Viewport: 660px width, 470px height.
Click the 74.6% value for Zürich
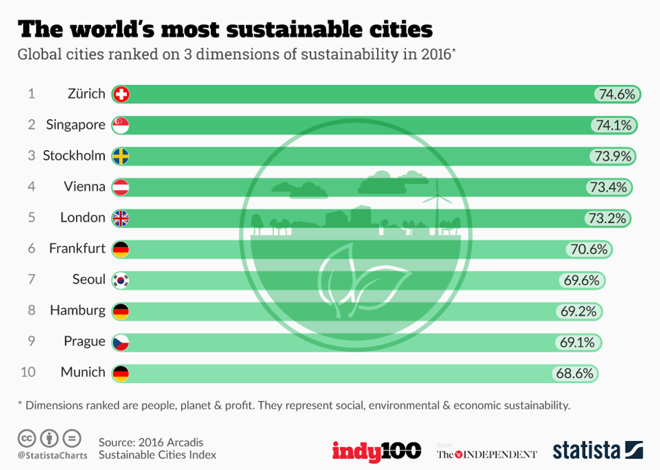click(616, 94)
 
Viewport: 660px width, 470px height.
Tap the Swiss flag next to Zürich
click(121, 94)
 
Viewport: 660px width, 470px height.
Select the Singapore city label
click(75, 125)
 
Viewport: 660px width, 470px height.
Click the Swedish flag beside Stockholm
click(121, 156)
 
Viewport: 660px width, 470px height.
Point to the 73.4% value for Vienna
click(608, 187)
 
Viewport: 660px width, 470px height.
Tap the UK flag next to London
click(121, 218)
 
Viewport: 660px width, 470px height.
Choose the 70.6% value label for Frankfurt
click(589, 249)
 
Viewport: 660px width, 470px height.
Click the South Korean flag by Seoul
click(121, 280)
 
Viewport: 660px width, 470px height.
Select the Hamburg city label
click(77, 310)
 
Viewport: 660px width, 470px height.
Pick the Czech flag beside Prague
click(121, 342)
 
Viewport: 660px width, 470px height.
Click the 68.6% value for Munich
click(574, 372)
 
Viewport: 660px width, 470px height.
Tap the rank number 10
click(28, 372)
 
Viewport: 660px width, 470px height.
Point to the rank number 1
click(31, 94)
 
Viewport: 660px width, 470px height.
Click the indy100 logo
click(376, 450)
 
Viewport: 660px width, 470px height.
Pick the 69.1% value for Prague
click(578, 342)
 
